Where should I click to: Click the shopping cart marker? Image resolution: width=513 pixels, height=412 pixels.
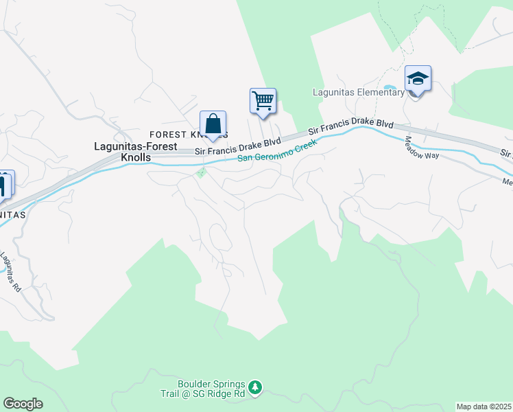point(263,101)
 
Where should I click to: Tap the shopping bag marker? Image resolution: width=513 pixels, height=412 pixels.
point(213,124)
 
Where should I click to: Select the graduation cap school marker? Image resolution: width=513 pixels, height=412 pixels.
point(417,79)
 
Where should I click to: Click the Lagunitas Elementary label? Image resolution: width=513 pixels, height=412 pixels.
point(358,93)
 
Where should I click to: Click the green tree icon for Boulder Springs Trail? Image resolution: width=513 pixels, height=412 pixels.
point(255,389)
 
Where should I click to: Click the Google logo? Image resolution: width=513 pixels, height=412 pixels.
point(23,404)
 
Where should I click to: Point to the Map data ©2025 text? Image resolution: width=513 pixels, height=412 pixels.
point(484,407)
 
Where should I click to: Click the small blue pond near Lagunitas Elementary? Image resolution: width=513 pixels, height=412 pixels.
point(388,89)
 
